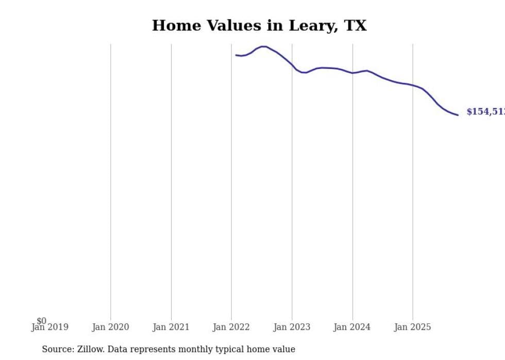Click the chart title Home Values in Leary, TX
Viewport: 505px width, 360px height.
[x=259, y=26]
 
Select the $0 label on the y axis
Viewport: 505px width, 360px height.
[x=41, y=321]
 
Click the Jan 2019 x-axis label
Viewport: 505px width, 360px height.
[x=49, y=327]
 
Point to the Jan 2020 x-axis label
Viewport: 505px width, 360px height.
[x=110, y=327]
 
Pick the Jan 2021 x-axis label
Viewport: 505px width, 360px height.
[x=171, y=327]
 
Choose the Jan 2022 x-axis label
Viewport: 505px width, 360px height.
[x=231, y=327]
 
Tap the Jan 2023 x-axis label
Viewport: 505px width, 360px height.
[x=292, y=327]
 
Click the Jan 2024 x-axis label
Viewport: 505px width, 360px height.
[x=352, y=327]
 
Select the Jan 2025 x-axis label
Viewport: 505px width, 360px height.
[x=413, y=327]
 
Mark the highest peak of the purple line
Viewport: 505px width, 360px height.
[x=263, y=46]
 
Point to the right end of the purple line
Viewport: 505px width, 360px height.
[x=458, y=115]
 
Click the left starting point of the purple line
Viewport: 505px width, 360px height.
[x=236, y=55]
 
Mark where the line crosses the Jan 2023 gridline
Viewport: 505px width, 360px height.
[x=292, y=65]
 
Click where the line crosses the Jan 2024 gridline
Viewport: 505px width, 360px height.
[x=352, y=73]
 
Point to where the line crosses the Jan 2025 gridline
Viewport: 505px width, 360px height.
[x=413, y=85]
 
